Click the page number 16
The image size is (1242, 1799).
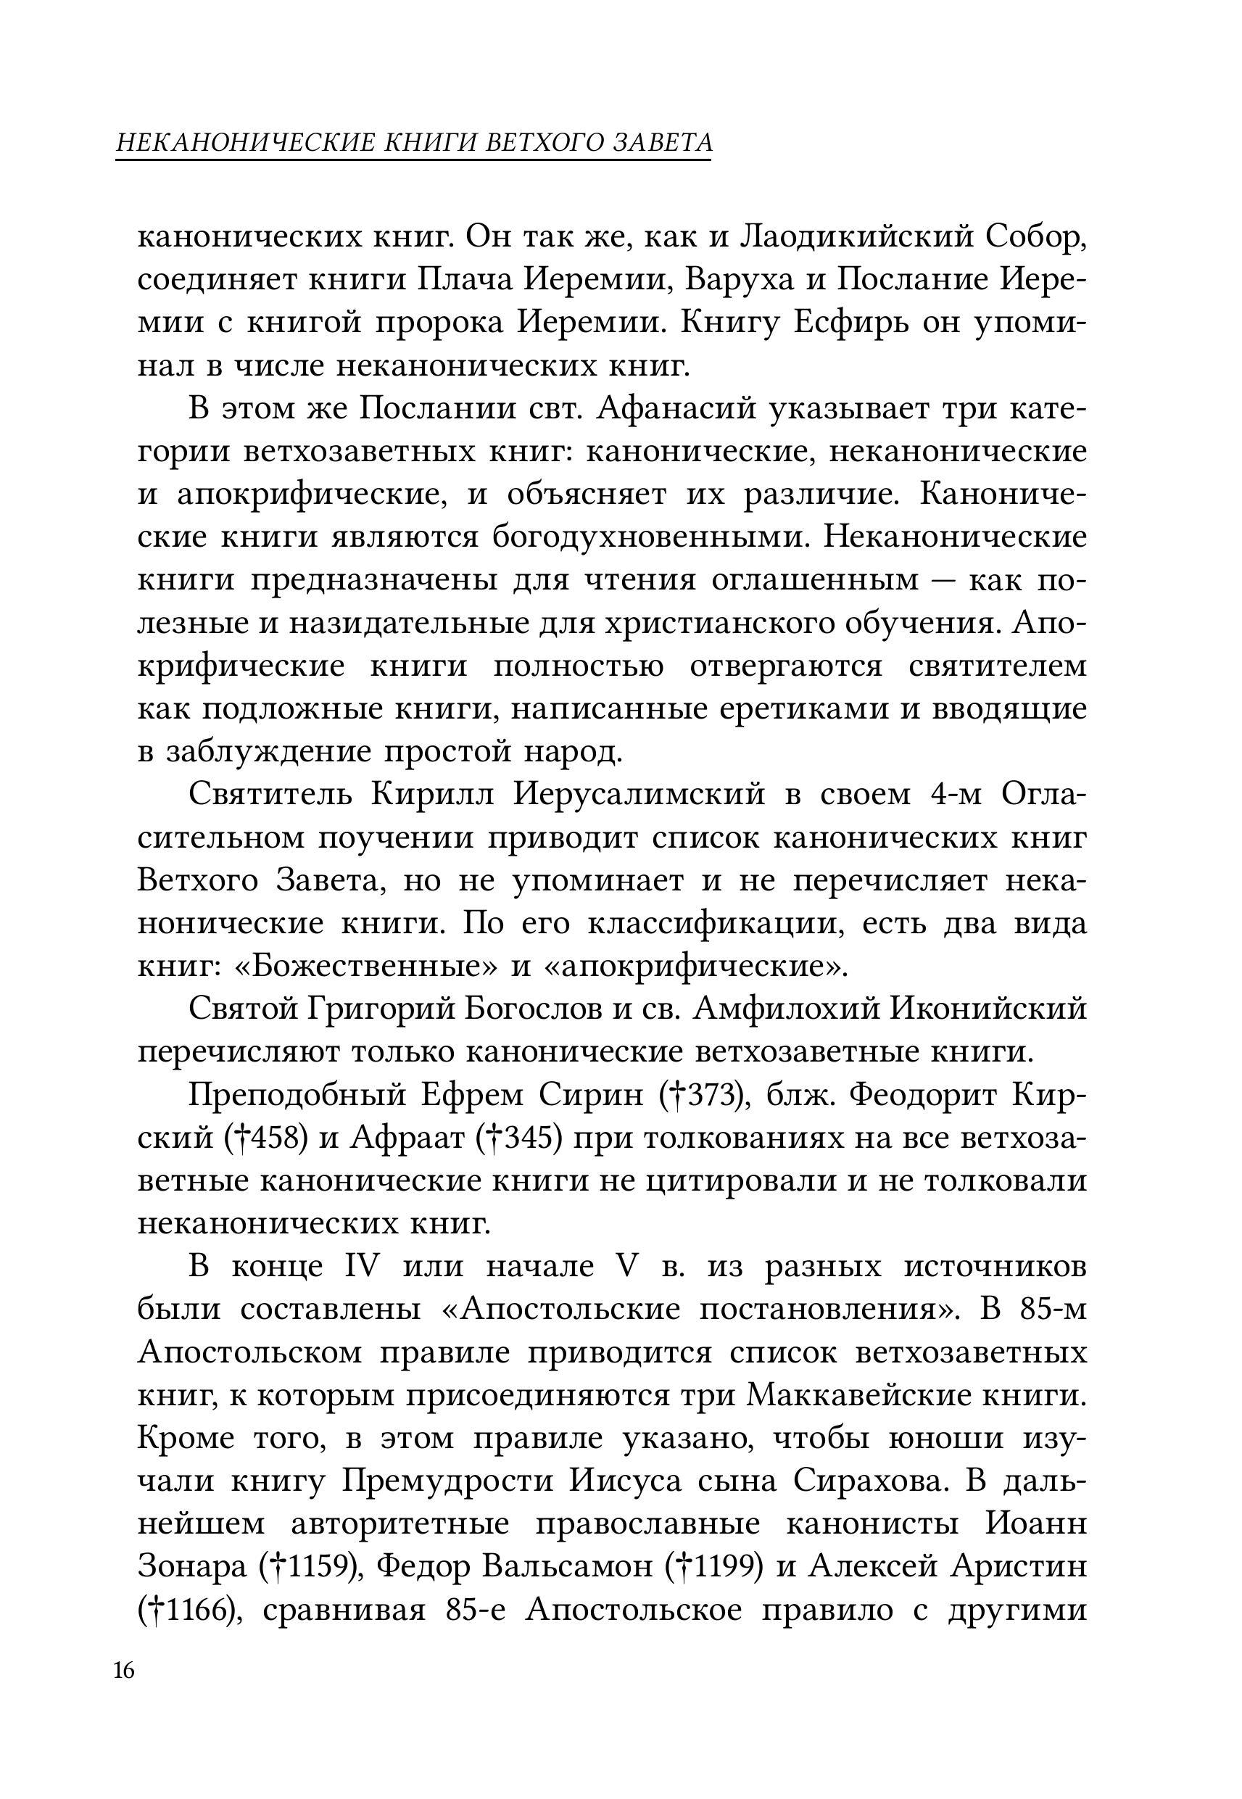(125, 1671)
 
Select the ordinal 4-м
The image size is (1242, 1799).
(955, 795)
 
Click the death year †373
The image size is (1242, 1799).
(703, 1096)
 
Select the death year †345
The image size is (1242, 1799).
(518, 1138)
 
